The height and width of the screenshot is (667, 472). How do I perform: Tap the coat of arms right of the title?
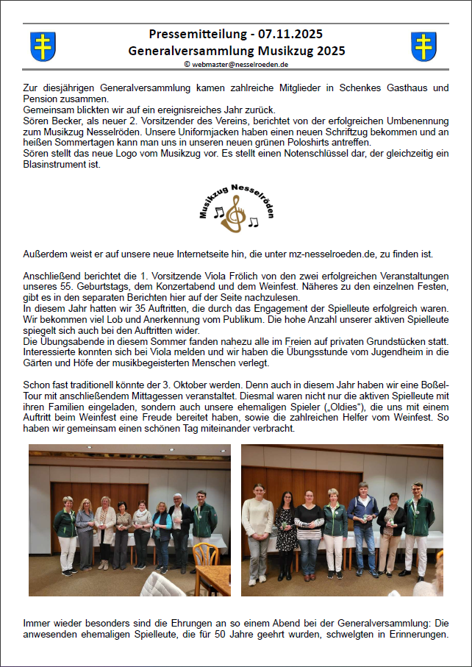(x=423, y=46)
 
